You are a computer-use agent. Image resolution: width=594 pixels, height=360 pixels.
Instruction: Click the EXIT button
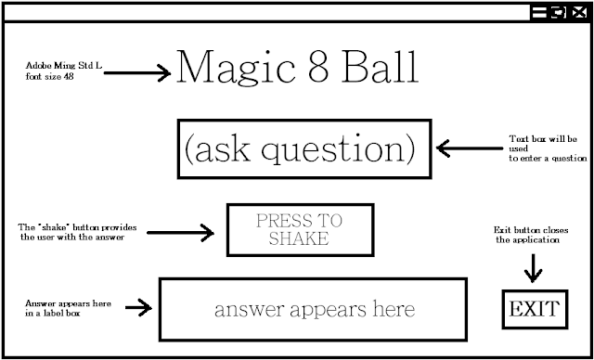point(535,308)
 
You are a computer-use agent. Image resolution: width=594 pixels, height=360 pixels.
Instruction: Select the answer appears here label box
point(314,308)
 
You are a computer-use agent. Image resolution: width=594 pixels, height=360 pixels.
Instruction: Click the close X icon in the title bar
point(580,12)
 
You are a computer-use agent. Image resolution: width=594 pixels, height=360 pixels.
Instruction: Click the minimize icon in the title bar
point(540,12)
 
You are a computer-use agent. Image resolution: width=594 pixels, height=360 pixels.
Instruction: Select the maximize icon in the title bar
point(560,12)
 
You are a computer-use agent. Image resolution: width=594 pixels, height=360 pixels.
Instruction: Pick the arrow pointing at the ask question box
point(468,148)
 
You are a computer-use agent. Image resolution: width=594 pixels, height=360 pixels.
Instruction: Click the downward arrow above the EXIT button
point(533,269)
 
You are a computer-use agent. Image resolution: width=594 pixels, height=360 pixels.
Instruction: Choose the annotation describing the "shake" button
point(71,231)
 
